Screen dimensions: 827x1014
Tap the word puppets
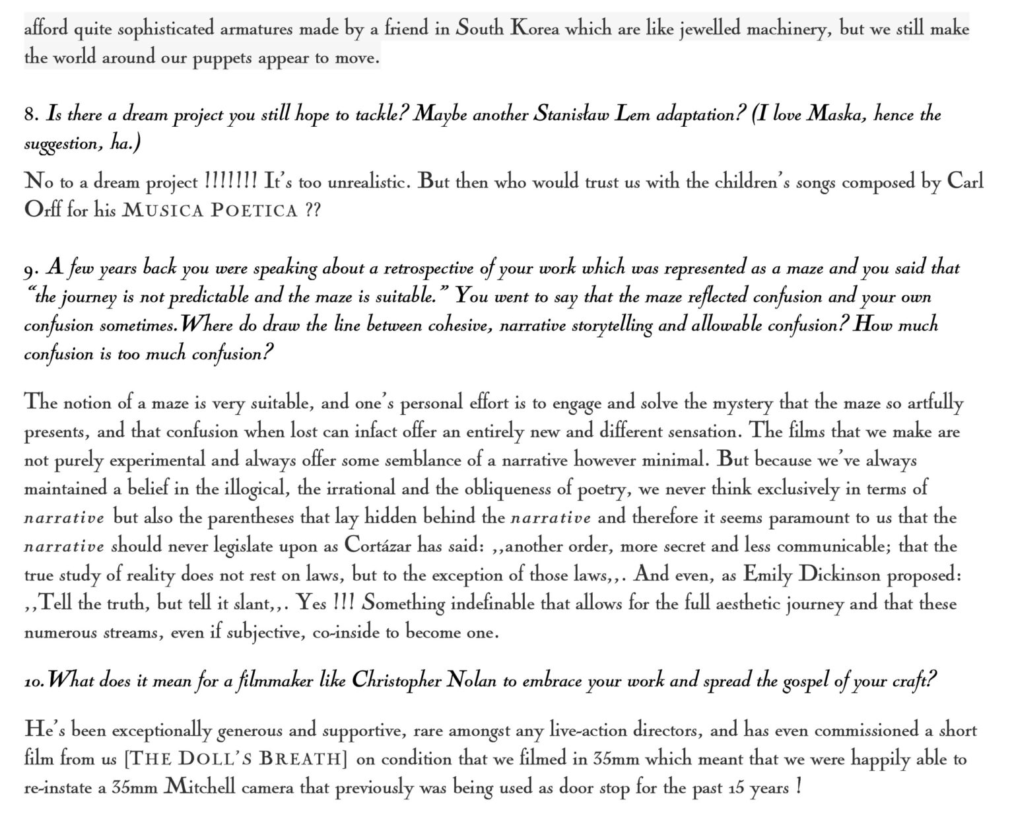(x=222, y=58)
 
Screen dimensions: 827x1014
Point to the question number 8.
(x=32, y=116)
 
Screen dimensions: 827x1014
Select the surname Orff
(x=42, y=210)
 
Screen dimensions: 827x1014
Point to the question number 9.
(x=32, y=270)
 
